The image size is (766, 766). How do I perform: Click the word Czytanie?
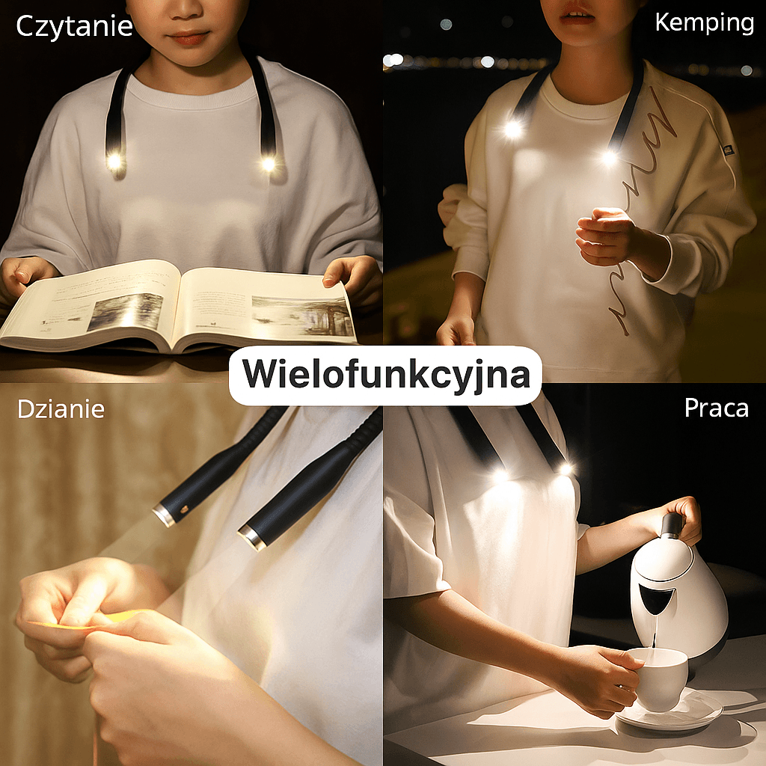pyautogui.click(x=74, y=27)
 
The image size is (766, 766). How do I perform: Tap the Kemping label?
pyautogui.click(x=705, y=23)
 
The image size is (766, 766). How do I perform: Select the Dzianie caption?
pyautogui.click(x=61, y=409)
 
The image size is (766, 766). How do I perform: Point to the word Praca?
pyautogui.click(x=716, y=408)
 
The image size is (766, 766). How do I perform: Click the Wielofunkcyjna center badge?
pyautogui.click(x=385, y=376)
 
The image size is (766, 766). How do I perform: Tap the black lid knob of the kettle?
pyautogui.click(x=672, y=525)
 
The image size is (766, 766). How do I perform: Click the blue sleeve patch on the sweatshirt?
pyautogui.click(x=729, y=149)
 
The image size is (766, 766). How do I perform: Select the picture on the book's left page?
pyautogui.click(x=125, y=312)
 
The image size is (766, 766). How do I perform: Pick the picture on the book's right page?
pyautogui.click(x=303, y=316)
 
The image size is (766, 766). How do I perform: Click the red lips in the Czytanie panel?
pyautogui.click(x=189, y=37)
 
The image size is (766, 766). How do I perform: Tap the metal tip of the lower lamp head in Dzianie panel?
pyautogui.click(x=253, y=537)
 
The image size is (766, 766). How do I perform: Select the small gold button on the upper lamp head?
pyautogui.click(x=185, y=510)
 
